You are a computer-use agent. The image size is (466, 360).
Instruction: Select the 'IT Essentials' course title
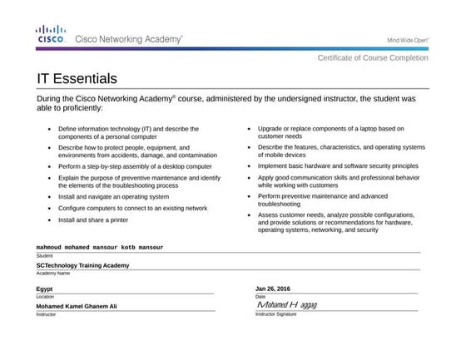point(77,79)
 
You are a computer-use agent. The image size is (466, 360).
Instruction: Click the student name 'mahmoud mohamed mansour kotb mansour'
point(99,247)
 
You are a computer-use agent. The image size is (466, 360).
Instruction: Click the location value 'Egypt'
point(45,288)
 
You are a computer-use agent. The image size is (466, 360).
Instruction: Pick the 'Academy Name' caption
point(52,273)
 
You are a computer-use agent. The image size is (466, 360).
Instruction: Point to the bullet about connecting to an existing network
point(132,208)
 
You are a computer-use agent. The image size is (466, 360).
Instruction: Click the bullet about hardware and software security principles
point(338,165)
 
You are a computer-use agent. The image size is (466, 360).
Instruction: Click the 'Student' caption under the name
point(44,255)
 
